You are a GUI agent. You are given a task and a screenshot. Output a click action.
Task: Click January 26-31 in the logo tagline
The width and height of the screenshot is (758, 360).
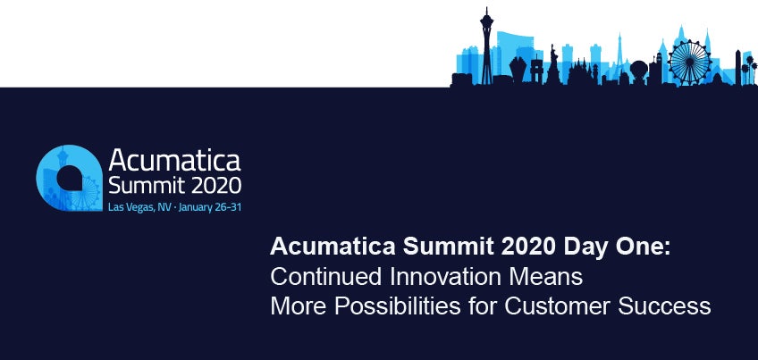(x=210, y=208)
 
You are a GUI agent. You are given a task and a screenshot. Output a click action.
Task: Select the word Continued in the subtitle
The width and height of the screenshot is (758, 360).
(x=327, y=277)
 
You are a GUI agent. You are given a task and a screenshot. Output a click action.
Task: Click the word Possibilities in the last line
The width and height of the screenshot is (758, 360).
(x=398, y=306)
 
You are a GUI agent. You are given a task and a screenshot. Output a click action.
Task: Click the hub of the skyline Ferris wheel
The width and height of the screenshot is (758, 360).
(x=690, y=63)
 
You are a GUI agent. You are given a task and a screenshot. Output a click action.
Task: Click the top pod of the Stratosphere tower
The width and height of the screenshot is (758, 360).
(x=486, y=21)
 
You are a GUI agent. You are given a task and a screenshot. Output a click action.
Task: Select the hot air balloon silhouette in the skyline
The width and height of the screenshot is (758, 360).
(x=638, y=70)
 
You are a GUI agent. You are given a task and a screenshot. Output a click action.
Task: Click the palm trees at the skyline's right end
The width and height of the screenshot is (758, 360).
(x=749, y=69)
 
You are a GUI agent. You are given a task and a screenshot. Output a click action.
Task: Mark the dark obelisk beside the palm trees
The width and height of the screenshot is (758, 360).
(x=738, y=68)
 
